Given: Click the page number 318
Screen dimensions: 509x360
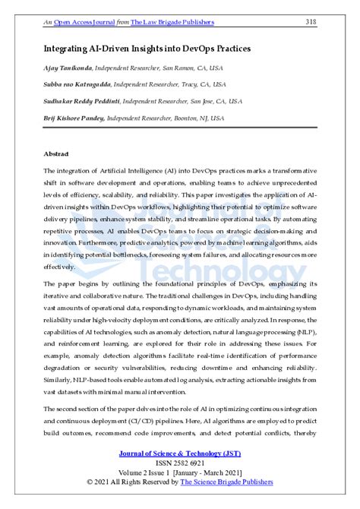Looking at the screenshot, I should [x=310, y=22].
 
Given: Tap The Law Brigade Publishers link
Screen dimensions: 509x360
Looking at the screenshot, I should [x=172, y=22].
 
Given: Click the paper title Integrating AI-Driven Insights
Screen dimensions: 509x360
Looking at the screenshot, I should [x=147, y=48].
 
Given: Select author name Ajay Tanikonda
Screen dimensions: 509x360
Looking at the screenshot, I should [x=67, y=70].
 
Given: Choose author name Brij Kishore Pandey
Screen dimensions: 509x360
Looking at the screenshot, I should [x=74, y=118].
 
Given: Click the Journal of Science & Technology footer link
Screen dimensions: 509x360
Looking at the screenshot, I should [x=179, y=454].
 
